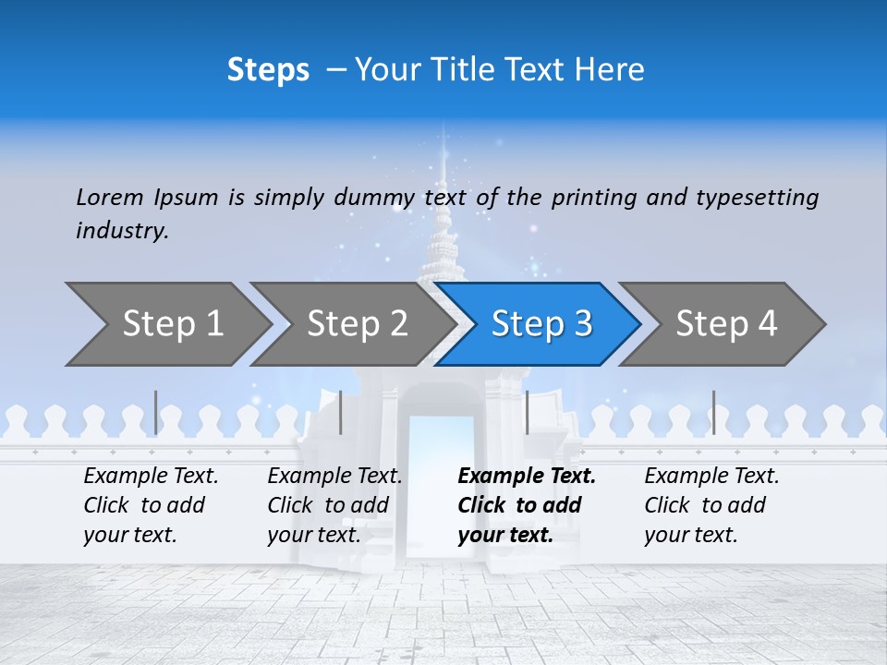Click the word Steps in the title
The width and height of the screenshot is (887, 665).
pyautogui.click(x=268, y=70)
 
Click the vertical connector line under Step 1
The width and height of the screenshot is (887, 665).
pyautogui.click(x=155, y=412)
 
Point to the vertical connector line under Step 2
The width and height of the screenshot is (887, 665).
pyautogui.click(x=341, y=412)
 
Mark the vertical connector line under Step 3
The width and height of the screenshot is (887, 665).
pyautogui.click(x=527, y=412)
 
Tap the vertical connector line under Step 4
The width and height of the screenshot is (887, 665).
pyautogui.click(x=713, y=412)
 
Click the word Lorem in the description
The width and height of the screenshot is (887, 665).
pyautogui.click(x=110, y=197)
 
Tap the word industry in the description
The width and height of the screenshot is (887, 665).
pyautogui.click(x=122, y=231)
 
